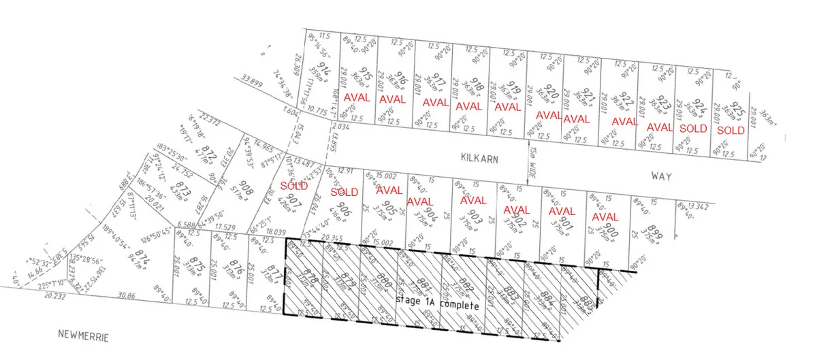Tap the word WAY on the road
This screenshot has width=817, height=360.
(660, 176)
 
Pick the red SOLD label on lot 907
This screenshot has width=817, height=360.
(294, 185)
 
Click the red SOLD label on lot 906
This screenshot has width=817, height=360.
(344, 192)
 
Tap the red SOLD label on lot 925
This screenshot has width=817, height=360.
(731, 130)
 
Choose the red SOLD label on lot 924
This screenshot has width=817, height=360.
(694, 128)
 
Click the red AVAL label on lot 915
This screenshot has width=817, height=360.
(357, 97)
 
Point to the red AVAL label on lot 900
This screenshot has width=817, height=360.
(605, 217)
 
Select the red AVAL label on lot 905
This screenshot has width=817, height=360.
(389, 190)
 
